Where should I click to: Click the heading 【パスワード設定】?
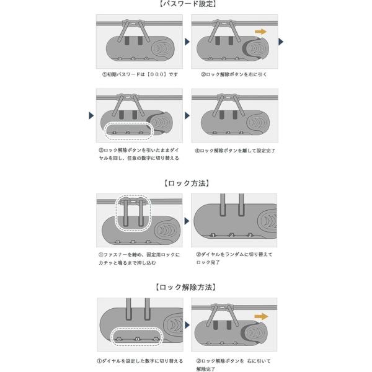(187, 4)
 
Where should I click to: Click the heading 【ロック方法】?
(187, 183)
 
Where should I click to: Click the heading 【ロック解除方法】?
(186, 287)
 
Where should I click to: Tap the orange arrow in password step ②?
(261, 32)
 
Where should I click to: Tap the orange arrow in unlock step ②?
(261, 316)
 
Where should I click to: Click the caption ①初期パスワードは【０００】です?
(140, 74)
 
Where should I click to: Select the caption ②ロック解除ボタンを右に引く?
(234, 74)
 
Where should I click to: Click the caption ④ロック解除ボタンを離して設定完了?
(235, 151)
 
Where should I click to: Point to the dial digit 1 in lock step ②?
(213, 235)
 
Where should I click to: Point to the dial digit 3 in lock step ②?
(250, 235)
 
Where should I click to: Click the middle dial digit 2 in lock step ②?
(231, 235)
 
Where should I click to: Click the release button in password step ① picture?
(162, 48)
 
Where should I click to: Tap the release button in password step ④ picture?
(258, 123)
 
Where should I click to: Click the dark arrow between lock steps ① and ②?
(187, 221)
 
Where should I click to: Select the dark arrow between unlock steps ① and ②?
(187, 325)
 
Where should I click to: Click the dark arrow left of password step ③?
(91, 116)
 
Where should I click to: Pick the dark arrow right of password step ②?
(281, 42)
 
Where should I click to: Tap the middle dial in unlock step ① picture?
(138, 339)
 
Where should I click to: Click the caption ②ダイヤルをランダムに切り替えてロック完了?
(234, 259)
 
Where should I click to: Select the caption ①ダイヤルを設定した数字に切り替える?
(140, 361)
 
